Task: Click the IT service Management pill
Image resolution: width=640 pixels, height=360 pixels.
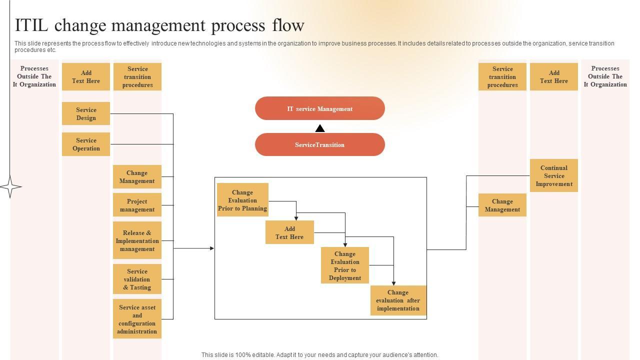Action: point(319,108)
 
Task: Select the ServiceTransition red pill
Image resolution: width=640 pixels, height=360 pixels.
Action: point(319,144)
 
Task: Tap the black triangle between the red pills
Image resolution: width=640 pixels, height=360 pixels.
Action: point(320,128)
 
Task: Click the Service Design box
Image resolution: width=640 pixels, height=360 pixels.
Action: point(86,113)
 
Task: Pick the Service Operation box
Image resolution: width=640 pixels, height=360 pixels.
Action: point(86,144)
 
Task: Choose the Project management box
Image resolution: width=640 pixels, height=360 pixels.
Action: point(137,205)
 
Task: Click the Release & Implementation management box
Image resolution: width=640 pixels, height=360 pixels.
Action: point(137,240)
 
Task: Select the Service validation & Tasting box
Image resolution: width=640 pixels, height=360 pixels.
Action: point(137,279)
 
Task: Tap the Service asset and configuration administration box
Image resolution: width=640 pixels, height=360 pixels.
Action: point(137,319)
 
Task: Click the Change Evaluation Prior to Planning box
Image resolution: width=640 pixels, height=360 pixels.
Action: point(242,199)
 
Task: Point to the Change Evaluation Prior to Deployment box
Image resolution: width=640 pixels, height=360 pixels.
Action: point(345,265)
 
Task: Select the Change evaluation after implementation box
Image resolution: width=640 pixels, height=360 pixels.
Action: point(398,300)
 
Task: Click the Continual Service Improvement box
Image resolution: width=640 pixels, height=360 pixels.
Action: point(554,175)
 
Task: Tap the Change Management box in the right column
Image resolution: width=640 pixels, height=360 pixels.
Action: point(502,205)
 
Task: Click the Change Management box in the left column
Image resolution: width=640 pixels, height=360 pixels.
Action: point(137,176)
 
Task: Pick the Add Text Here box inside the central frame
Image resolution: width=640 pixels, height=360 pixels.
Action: point(289,232)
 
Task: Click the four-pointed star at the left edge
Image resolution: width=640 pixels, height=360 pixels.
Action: point(10,187)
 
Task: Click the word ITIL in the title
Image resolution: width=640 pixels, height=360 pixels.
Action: point(31,25)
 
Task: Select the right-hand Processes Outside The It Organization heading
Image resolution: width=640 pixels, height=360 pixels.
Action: point(605,76)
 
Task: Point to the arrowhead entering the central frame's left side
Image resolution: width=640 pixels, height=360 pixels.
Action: point(212,248)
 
